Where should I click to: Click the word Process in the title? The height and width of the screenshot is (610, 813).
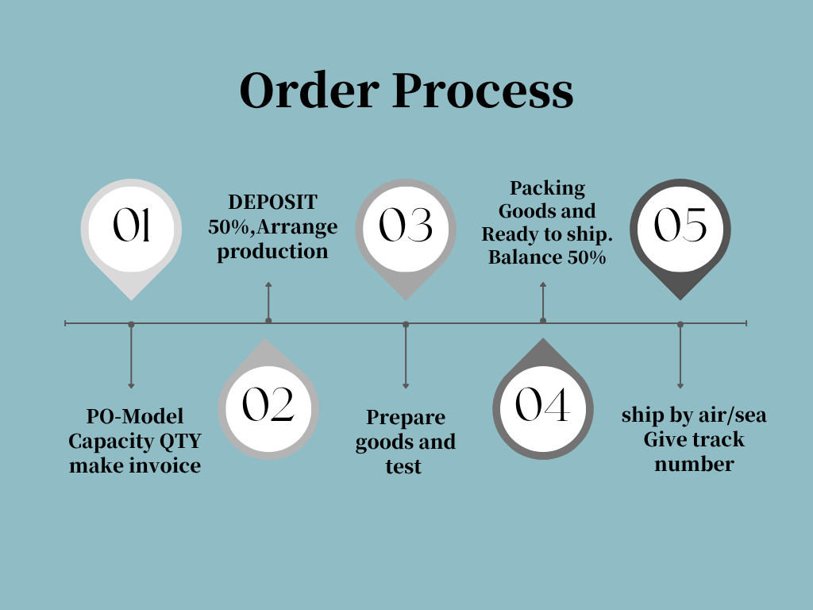click(482, 91)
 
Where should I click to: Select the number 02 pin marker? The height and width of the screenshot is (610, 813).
click(268, 406)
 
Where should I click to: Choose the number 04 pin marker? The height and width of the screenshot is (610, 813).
click(543, 406)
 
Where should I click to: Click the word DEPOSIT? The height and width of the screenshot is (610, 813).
click(273, 203)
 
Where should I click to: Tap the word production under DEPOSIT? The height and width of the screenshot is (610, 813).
click(273, 252)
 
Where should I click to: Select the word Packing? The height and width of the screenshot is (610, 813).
click(547, 188)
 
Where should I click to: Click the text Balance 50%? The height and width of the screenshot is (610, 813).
click(547, 257)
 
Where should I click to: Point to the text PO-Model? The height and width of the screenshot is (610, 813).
click(135, 416)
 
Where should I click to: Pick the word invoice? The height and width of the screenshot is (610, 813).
click(167, 465)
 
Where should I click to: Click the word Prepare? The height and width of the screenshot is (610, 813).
click(406, 418)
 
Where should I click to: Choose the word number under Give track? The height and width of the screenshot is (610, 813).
click(694, 465)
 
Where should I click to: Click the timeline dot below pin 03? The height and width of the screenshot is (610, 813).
click(406, 324)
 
